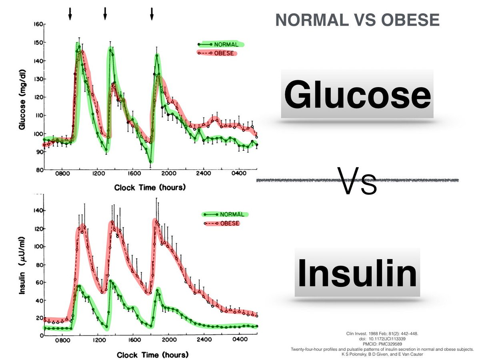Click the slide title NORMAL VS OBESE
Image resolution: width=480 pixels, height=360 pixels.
pos(357,20)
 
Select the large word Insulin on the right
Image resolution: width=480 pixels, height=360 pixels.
pos(357,272)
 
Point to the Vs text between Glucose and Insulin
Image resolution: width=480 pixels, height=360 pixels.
pos(357,180)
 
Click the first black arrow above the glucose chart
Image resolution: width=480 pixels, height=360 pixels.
pos(70,13)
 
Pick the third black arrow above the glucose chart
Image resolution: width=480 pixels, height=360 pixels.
pos(152,13)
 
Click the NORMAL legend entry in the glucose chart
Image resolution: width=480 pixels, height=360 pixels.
pos(226,44)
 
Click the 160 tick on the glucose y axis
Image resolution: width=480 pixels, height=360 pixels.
pos(38,24)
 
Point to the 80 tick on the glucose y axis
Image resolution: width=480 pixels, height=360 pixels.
pos(38,170)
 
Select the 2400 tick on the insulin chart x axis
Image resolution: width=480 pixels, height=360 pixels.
pos(204,341)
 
